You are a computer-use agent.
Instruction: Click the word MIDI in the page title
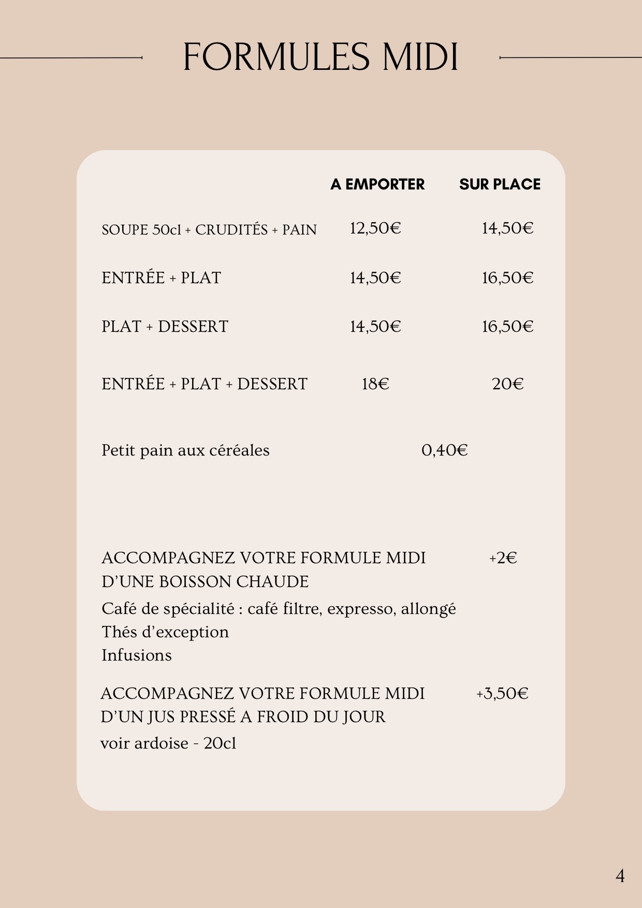click(420, 57)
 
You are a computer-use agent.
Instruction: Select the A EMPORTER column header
click(377, 184)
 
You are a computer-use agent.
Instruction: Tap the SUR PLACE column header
click(500, 184)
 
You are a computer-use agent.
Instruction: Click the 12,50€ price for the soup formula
click(375, 228)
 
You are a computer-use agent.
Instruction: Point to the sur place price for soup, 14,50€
click(507, 228)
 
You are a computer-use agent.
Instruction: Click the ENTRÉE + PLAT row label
click(161, 278)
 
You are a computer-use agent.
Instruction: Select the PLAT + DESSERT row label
click(165, 327)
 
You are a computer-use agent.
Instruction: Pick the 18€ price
click(375, 384)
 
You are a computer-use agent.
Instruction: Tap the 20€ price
click(507, 384)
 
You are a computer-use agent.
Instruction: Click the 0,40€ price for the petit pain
click(444, 450)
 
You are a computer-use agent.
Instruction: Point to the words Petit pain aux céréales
click(185, 450)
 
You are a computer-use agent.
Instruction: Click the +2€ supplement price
click(503, 558)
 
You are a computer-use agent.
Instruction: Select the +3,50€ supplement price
click(502, 694)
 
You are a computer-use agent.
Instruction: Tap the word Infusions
click(137, 655)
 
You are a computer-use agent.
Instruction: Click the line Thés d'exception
click(165, 632)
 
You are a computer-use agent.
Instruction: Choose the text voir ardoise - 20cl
click(168, 743)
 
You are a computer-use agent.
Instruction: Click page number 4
click(620, 876)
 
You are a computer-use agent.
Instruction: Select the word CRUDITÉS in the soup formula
click(231, 230)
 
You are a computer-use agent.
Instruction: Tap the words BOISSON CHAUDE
click(234, 582)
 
